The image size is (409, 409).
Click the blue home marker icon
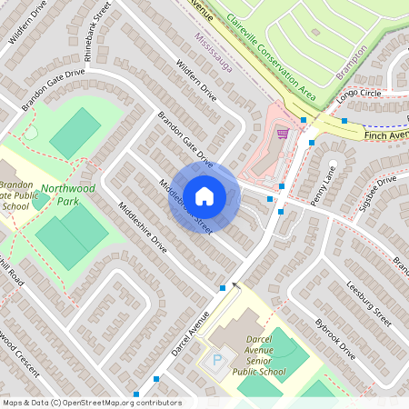click(x=204, y=195)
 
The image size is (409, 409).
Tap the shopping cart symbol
click(x=283, y=133)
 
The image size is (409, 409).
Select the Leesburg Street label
click(x=368, y=304)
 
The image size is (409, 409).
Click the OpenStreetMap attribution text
click(x=91, y=402)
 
